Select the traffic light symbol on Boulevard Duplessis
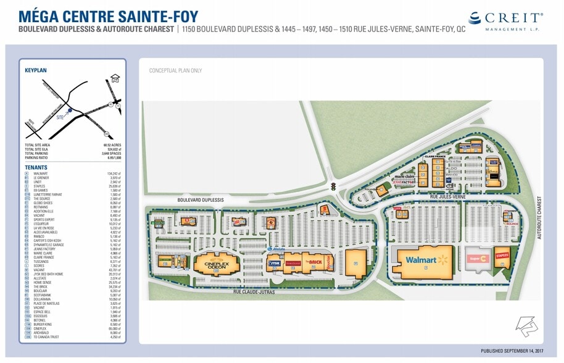coord(333,185)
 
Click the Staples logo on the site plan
coord(502,255)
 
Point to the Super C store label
coord(477,258)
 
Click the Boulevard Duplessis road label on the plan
coord(201,200)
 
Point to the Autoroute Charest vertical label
coord(539,219)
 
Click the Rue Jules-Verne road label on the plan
coord(447,196)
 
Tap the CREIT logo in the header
coord(506,20)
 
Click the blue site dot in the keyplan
coord(70,111)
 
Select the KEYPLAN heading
coord(36,71)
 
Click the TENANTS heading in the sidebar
coord(36,167)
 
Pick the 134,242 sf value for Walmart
coord(114,173)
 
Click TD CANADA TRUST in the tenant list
coord(46,336)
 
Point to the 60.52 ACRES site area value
coord(112,145)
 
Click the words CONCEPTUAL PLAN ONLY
coord(175,70)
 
